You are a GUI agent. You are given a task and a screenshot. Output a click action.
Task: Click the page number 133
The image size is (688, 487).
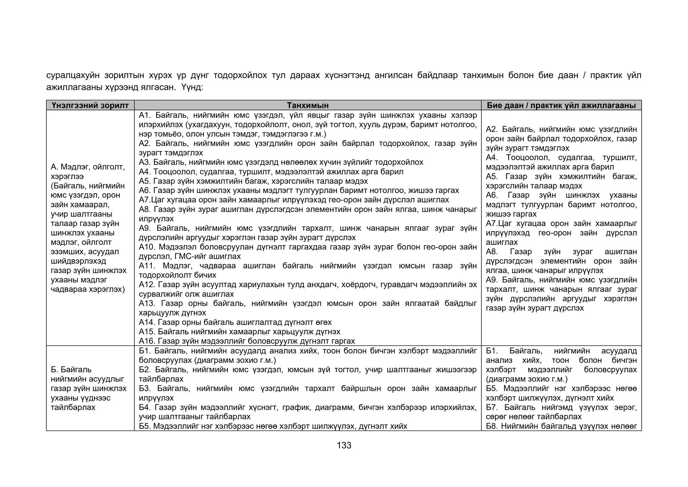[x=344, y=445]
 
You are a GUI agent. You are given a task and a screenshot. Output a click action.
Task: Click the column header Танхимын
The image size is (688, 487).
[x=307, y=105]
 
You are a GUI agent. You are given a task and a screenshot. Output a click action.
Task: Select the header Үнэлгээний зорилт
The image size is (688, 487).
[x=90, y=105]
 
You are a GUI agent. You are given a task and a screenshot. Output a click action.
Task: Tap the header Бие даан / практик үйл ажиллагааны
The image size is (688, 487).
[x=561, y=105]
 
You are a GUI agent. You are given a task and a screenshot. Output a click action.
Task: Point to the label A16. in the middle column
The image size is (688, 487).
[x=147, y=341]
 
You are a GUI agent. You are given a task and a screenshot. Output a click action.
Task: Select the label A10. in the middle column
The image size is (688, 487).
[x=147, y=247]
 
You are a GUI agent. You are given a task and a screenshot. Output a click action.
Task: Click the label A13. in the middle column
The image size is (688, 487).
[x=147, y=303]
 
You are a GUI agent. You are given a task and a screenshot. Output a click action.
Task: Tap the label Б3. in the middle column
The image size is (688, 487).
[x=145, y=388]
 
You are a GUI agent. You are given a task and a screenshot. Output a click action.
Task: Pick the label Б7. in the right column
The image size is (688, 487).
[x=492, y=407]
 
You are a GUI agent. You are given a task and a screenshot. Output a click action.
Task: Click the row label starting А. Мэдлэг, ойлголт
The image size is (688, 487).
[x=88, y=167]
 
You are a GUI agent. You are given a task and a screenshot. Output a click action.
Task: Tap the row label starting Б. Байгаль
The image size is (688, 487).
[x=71, y=370]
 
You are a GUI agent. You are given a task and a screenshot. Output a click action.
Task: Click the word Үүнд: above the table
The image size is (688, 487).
[x=192, y=87]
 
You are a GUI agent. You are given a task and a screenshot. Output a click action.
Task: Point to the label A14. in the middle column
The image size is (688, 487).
[x=147, y=322]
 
